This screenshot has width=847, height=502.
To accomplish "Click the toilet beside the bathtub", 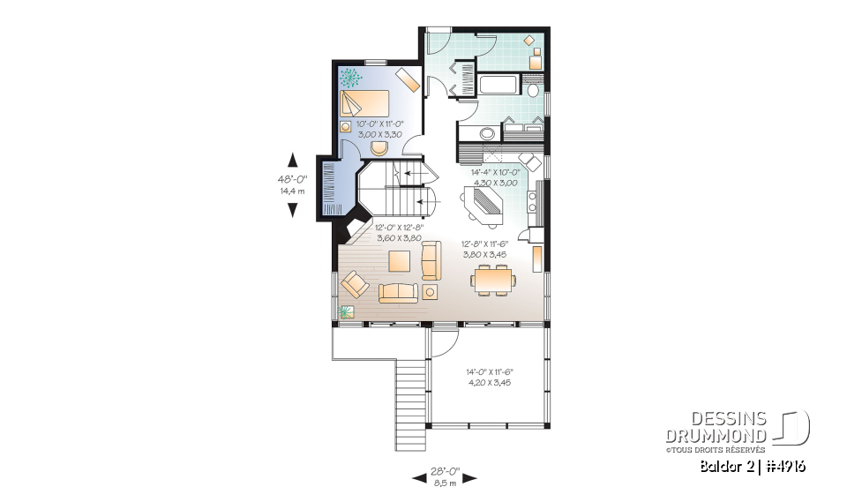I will point(533,92).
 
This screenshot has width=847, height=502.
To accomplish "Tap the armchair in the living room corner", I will point(355,284).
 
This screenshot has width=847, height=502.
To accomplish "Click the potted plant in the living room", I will point(345,311).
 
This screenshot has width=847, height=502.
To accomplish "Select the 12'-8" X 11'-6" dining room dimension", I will point(485,250).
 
